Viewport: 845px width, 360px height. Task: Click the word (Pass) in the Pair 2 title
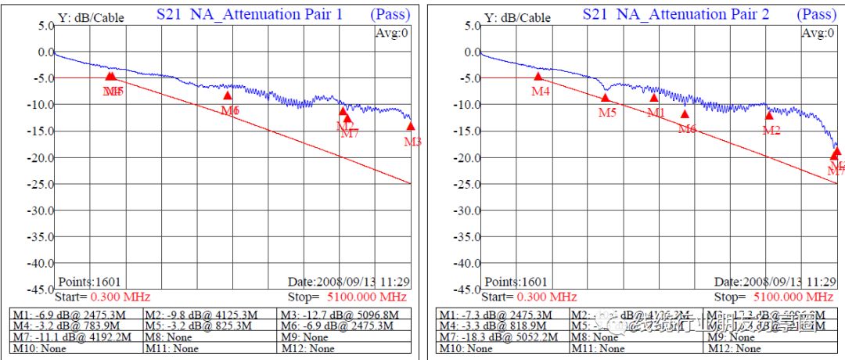pos(817,14)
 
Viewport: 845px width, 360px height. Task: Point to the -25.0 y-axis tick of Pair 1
pos(40,184)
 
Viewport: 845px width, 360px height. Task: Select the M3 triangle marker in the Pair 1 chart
pos(411,127)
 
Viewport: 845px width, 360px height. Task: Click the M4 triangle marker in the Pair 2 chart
pos(538,77)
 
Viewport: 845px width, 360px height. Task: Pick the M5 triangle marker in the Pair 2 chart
pos(605,98)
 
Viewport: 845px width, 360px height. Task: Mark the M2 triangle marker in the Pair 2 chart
pos(769,116)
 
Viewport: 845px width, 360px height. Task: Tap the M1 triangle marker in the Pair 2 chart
pos(654,98)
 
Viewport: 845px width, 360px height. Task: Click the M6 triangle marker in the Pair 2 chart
pos(685,114)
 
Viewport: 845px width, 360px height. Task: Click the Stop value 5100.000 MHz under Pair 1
pos(367,297)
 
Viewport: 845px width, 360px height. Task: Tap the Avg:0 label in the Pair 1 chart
pos(391,33)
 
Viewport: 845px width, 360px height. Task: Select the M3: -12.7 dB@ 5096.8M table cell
pos(340,315)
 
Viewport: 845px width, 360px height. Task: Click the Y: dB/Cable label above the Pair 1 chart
pos(91,17)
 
